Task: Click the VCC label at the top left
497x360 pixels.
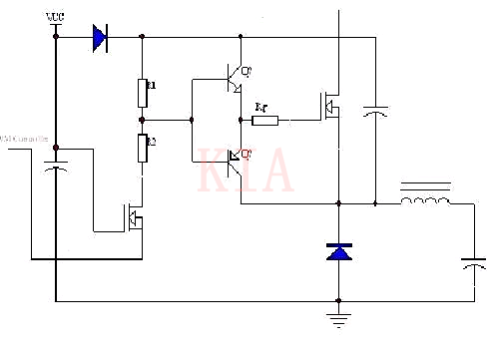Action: pos(56,18)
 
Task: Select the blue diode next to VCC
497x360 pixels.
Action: pos(99,37)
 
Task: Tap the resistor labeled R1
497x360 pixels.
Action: pos(143,93)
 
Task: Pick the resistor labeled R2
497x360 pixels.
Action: pos(143,150)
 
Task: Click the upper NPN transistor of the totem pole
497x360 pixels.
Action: pos(234,77)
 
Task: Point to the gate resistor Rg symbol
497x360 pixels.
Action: pos(265,121)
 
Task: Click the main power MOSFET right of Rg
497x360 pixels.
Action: pos(328,105)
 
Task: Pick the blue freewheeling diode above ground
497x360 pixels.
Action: pos(339,252)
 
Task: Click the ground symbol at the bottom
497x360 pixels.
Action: pos(339,320)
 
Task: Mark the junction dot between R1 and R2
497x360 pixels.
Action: pos(143,120)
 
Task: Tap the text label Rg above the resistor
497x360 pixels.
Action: pos(261,105)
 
